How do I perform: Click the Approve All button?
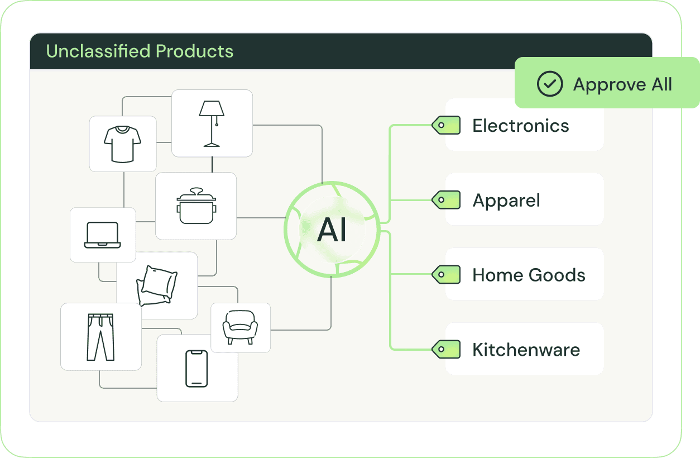click(x=607, y=84)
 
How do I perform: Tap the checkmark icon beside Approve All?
click(x=550, y=84)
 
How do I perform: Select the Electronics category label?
click(x=520, y=126)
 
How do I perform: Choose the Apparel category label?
click(x=506, y=201)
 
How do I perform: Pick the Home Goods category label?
click(x=529, y=275)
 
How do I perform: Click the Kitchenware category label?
click(x=526, y=350)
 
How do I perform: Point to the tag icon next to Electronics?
click(x=446, y=126)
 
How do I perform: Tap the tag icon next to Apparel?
click(x=446, y=200)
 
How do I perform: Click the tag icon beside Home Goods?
click(x=446, y=275)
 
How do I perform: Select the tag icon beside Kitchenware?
click(x=446, y=350)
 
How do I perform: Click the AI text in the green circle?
click(x=332, y=230)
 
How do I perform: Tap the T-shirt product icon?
click(x=123, y=144)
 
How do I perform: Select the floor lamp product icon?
click(x=212, y=123)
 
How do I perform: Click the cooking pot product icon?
click(x=196, y=206)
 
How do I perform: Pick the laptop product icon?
click(x=103, y=235)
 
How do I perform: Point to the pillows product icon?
click(x=156, y=285)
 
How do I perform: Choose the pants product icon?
click(x=100, y=336)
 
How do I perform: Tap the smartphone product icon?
click(x=196, y=368)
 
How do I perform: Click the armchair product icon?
click(x=240, y=327)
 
